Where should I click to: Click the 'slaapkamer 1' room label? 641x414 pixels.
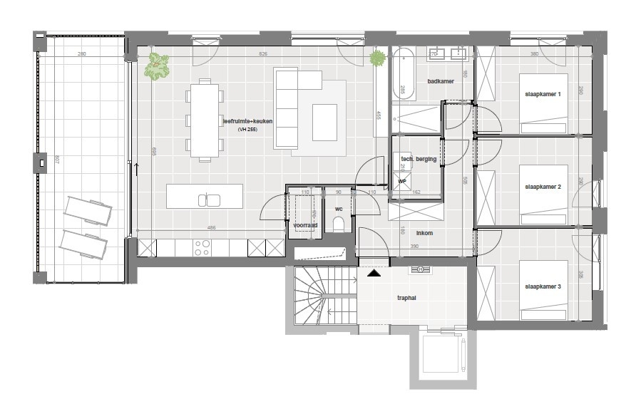[543, 95]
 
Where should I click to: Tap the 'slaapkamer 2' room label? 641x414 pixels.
[543, 187]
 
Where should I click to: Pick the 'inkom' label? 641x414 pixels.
[424, 232]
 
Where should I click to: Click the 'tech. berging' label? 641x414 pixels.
[419, 159]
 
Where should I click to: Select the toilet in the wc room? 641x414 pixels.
[338, 226]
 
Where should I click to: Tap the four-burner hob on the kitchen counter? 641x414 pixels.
[202, 247]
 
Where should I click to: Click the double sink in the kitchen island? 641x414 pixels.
[209, 200]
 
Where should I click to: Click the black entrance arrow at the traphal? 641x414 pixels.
[373, 272]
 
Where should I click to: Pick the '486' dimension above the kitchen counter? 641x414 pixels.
[212, 228]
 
